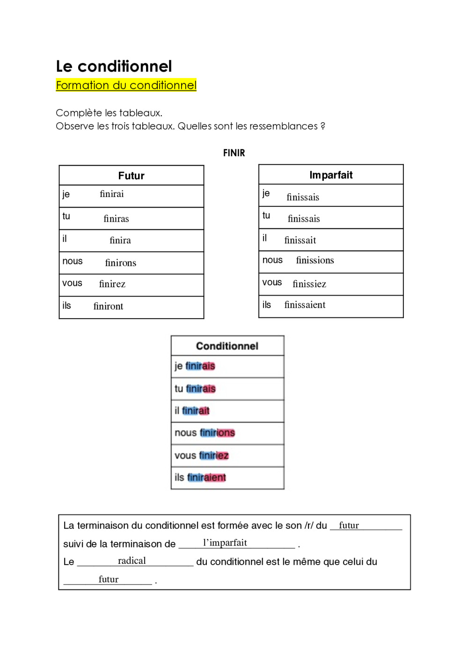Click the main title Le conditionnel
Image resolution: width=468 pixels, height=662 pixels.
pos(114,66)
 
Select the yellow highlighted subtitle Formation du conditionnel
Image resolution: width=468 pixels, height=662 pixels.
pos(126,85)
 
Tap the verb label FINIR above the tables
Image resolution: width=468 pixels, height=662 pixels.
pos(234,153)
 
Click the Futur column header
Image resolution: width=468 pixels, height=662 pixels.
pos(131,176)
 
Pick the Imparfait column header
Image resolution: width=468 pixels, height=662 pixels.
pos(331,175)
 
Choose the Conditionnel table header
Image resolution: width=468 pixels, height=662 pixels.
pos(227,346)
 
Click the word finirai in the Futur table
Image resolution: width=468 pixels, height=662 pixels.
pos(112,194)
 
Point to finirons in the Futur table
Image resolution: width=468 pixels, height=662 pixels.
pos(121,263)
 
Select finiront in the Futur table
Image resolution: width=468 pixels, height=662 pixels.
pos(108,306)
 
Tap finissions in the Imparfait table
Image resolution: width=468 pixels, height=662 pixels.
pos(315,261)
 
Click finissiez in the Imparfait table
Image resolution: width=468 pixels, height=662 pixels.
pos(309,284)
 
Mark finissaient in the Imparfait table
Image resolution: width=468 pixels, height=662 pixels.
pos(305,305)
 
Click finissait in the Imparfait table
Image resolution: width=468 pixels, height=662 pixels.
pos(300,240)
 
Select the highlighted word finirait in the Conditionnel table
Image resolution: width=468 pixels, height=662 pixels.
pos(196,411)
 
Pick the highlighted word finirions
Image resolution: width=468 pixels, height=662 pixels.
pos(217,433)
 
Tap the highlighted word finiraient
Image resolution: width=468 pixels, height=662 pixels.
pos(206,478)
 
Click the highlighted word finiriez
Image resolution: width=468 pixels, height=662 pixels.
pos(214,456)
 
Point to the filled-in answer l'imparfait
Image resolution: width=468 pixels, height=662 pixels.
pos(225,543)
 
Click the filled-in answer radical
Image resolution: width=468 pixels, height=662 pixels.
pos(132,561)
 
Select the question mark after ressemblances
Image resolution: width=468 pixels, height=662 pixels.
pos(323,126)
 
